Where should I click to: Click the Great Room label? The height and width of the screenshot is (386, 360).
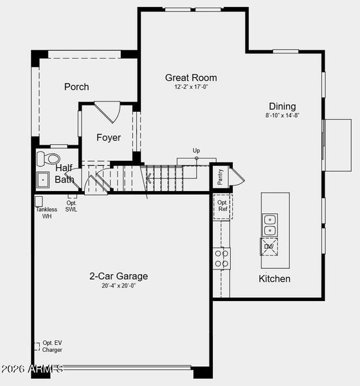(x=191, y=77)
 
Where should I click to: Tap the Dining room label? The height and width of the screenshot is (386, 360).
(x=282, y=106)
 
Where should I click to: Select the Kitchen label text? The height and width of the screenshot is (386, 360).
(x=274, y=279)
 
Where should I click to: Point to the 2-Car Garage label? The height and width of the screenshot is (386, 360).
(x=118, y=276)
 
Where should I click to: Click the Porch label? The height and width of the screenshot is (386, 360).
(x=76, y=87)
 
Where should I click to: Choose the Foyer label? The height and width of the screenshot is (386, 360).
(x=109, y=137)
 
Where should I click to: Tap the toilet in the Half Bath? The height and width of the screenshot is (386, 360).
(x=48, y=158)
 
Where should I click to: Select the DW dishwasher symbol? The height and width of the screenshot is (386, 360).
(x=269, y=246)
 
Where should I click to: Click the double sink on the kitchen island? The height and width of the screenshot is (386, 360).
(x=269, y=225)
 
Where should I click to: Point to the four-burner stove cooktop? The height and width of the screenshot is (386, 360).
(x=221, y=258)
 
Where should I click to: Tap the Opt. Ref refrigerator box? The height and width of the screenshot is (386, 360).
(x=222, y=206)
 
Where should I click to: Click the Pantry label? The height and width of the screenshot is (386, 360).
(x=220, y=177)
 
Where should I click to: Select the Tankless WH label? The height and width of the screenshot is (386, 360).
(x=46, y=212)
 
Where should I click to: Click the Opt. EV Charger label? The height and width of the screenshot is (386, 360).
(x=52, y=346)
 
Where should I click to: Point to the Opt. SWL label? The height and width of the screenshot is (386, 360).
(x=71, y=206)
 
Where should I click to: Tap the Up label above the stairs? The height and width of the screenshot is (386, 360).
(x=196, y=151)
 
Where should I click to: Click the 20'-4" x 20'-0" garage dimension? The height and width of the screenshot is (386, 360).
(x=118, y=286)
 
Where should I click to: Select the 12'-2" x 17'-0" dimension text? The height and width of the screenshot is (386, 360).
(x=191, y=87)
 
